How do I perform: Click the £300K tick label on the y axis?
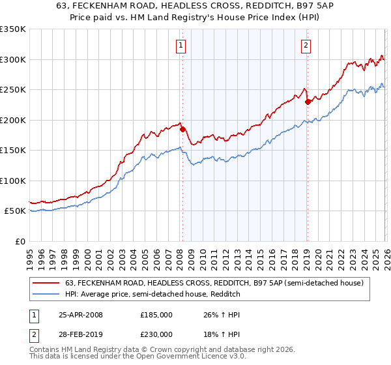[12, 59]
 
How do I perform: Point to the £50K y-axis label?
[14, 211]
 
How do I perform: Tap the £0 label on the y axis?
[20, 241]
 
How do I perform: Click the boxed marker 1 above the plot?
[180, 45]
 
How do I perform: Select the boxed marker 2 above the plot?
[305, 45]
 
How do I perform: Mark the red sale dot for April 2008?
[182, 129]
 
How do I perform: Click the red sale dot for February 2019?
[307, 102]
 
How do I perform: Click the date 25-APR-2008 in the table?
[81, 315]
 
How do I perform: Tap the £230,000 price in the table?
[156, 334]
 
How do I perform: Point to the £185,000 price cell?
[156, 315]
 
